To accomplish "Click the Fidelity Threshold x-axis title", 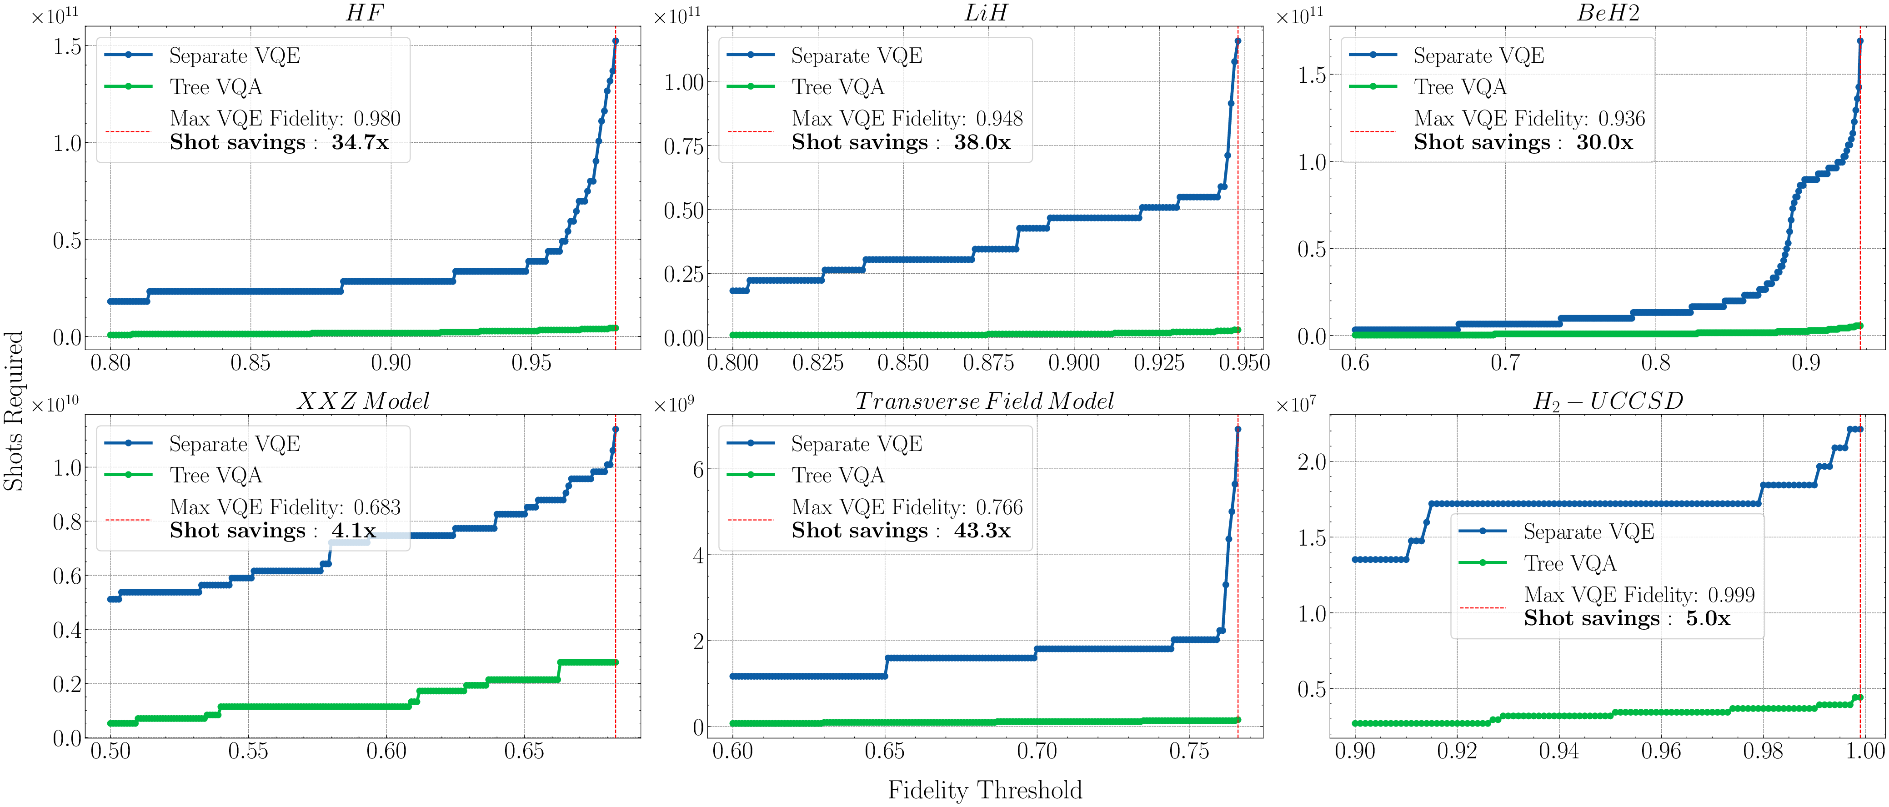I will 984,790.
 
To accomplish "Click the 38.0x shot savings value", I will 982,142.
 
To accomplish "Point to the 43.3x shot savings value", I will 982,531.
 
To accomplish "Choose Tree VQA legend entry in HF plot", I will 215,87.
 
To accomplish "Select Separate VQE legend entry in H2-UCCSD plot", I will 1588,532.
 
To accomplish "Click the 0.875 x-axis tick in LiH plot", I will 988,362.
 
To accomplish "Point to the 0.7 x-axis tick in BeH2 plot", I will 1505,362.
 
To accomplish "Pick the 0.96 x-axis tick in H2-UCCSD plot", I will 1660,751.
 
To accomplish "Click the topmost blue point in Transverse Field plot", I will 1238,429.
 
